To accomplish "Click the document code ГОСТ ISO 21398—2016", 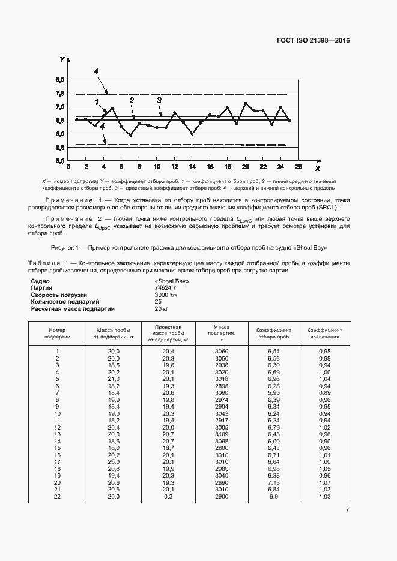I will (312, 41).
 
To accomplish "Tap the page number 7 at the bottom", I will (348, 510).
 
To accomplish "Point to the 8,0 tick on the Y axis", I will (61, 80).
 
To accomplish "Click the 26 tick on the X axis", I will (299, 167).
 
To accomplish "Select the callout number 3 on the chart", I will (159, 100).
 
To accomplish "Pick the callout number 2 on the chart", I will (131, 101).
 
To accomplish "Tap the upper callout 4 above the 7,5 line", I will (96, 71).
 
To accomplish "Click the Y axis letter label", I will (62, 59).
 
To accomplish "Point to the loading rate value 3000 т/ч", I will (166, 295).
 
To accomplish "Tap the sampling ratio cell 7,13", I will (274, 482).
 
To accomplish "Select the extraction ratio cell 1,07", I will (325, 482).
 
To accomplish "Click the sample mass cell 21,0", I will (114, 379).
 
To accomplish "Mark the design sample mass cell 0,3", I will (168, 497).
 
